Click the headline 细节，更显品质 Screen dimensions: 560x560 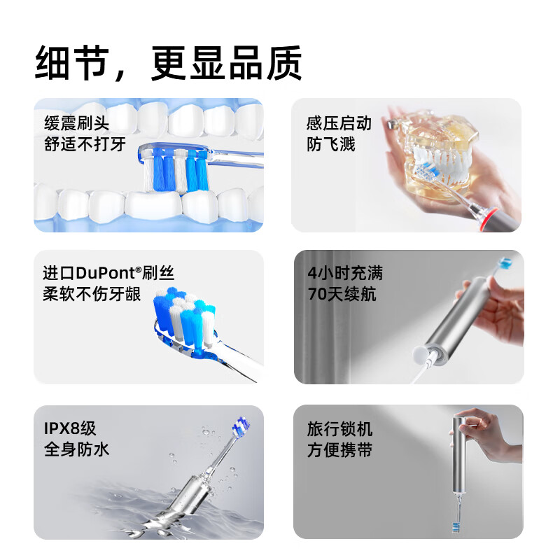(169, 63)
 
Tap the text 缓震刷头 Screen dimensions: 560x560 (77, 123)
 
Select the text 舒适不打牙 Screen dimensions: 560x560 (85, 144)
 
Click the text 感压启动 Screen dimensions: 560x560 (339, 123)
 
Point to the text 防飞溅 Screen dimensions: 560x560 (331, 144)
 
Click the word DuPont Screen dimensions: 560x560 (106, 273)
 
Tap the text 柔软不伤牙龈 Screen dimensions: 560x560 (92, 294)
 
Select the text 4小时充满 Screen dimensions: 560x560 (345, 273)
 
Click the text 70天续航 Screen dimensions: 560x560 (342, 294)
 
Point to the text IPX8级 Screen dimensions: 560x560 (70, 428)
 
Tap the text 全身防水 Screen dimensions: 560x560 (76, 449)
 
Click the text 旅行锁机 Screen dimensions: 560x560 (339, 428)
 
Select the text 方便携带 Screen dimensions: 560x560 (339, 449)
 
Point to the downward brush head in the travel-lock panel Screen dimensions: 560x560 (456, 527)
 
